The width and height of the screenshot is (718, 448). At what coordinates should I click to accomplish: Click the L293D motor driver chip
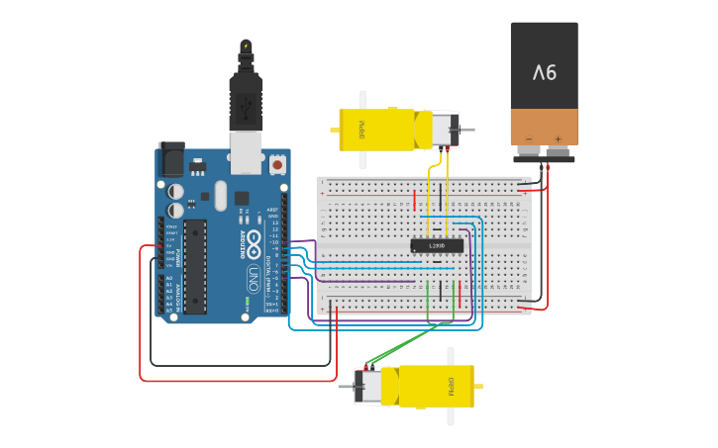pyautogui.click(x=437, y=245)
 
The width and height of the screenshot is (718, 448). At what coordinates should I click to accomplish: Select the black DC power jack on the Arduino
pyautogui.click(x=171, y=158)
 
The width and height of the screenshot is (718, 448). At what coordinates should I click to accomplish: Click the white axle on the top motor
pyautogui.click(x=362, y=129)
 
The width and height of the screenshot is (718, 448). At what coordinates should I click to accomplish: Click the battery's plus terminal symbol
pyautogui.click(x=559, y=139)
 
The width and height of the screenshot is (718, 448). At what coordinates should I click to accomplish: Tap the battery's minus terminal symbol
pyautogui.click(x=529, y=139)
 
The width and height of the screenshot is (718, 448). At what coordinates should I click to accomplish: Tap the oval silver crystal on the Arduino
pyautogui.click(x=220, y=195)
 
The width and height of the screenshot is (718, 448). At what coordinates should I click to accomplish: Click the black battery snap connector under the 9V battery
pyautogui.click(x=544, y=152)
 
